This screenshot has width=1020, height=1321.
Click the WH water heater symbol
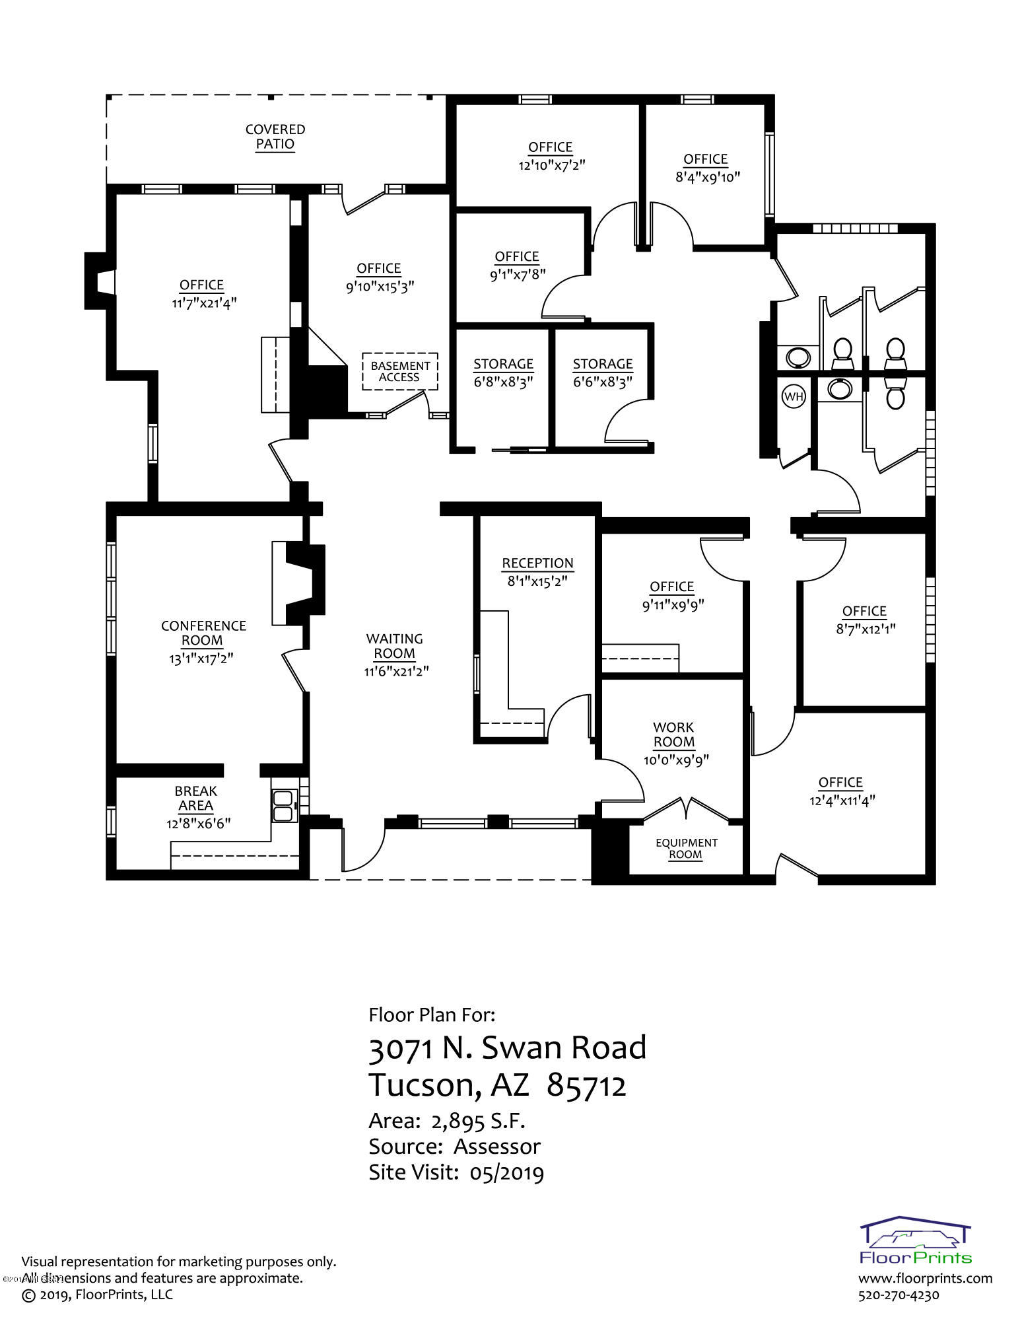(x=793, y=396)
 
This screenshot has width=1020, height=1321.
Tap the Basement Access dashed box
(x=399, y=371)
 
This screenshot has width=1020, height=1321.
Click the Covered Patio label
(x=275, y=137)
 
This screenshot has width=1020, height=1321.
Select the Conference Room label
(x=203, y=633)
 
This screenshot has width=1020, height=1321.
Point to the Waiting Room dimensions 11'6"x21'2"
(x=395, y=672)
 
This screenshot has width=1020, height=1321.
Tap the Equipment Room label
(x=686, y=849)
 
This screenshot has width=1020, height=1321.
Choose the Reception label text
(x=537, y=563)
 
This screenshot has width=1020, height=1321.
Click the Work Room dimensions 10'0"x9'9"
(x=676, y=760)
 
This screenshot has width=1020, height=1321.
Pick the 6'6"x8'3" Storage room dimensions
(x=602, y=382)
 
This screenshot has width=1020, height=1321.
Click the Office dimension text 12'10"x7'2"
(x=551, y=165)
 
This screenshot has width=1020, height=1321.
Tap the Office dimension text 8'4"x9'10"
(x=706, y=177)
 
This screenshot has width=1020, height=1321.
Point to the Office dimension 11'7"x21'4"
(x=201, y=303)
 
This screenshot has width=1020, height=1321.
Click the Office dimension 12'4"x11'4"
(x=841, y=801)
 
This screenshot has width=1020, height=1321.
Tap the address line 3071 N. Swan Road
(x=508, y=1048)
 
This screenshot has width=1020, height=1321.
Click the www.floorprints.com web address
(x=926, y=1277)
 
